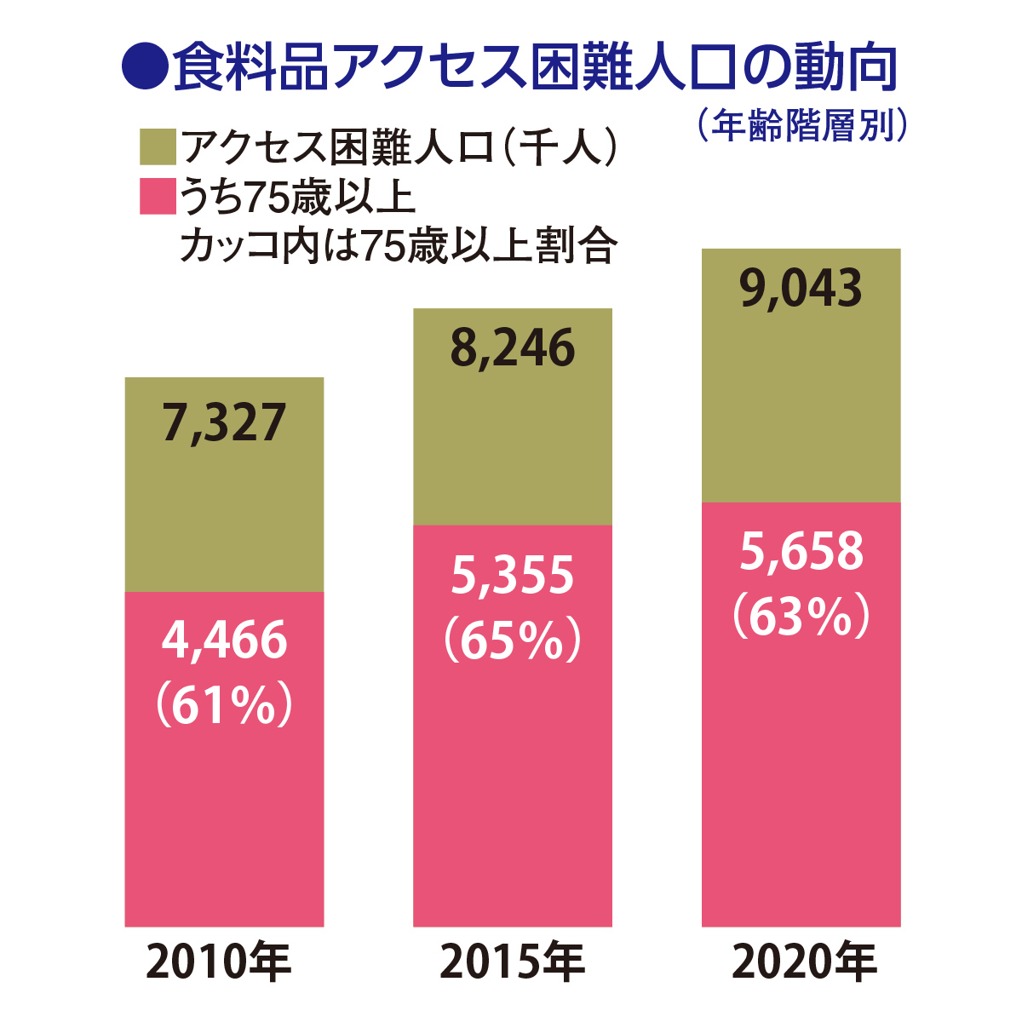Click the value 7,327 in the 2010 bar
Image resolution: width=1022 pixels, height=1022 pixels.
224,423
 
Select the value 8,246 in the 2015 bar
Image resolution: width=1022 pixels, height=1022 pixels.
513,349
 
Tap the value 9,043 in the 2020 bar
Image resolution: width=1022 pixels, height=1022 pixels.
801,289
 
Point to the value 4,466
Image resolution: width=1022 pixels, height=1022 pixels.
224,640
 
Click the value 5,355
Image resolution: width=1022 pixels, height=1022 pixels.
513,576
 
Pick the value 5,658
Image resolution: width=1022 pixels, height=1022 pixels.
801,552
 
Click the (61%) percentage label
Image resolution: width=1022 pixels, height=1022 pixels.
224,704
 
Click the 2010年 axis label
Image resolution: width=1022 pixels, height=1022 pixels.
220,962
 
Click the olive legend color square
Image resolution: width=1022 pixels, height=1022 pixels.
158,147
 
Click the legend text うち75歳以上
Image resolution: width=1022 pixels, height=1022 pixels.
298,198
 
